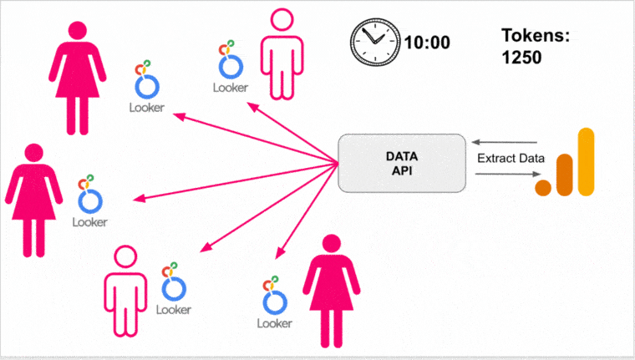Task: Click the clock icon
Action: click(x=373, y=40)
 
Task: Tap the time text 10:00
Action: click(x=426, y=41)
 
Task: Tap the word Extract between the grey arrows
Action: click(x=493, y=158)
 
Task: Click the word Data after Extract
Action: click(x=531, y=158)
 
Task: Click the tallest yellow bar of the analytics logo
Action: click(x=586, y=162)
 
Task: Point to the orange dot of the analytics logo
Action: click(x=544, y=187)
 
